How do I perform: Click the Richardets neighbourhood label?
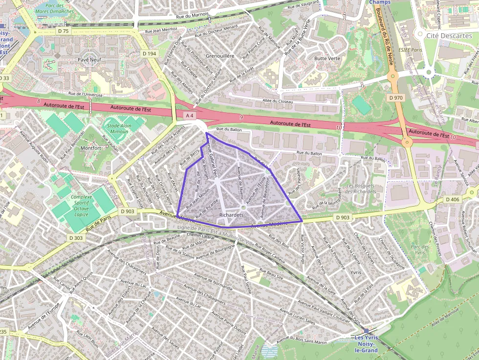click(x=232, y=214)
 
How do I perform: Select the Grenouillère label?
click(x=220, y=56)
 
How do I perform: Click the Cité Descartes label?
click(x=449, y=36)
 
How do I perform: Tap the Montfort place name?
click(x=90, y=148)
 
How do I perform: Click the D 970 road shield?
click(x=396, y=98)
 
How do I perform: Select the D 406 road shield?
click(x=453, y=200)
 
